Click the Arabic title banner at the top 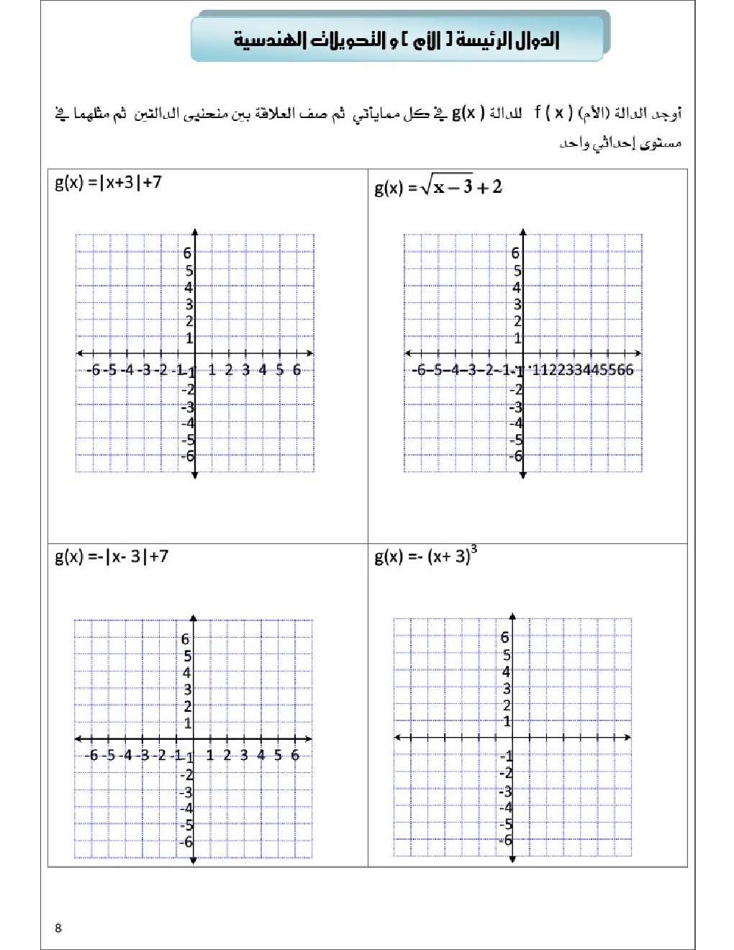pos(397,39)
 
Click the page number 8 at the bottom pos(58,928)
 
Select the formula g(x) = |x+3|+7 pos(108,182)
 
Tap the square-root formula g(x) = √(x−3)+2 pos(438,188)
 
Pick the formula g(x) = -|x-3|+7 pos(112,556)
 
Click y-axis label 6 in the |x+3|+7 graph pos(188,253)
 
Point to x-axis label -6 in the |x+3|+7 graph pos(93,371)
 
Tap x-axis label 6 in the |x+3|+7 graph pos(296,371)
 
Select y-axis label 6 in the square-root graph pos(515,253)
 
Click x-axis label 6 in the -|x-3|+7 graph pos(295,756)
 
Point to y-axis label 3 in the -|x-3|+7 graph pos(186,689)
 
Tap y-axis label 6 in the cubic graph pos(505,638)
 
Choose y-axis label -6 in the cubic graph pos(506,841)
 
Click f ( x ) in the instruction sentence pos(553,113)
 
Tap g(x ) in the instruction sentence pos(468,113)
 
